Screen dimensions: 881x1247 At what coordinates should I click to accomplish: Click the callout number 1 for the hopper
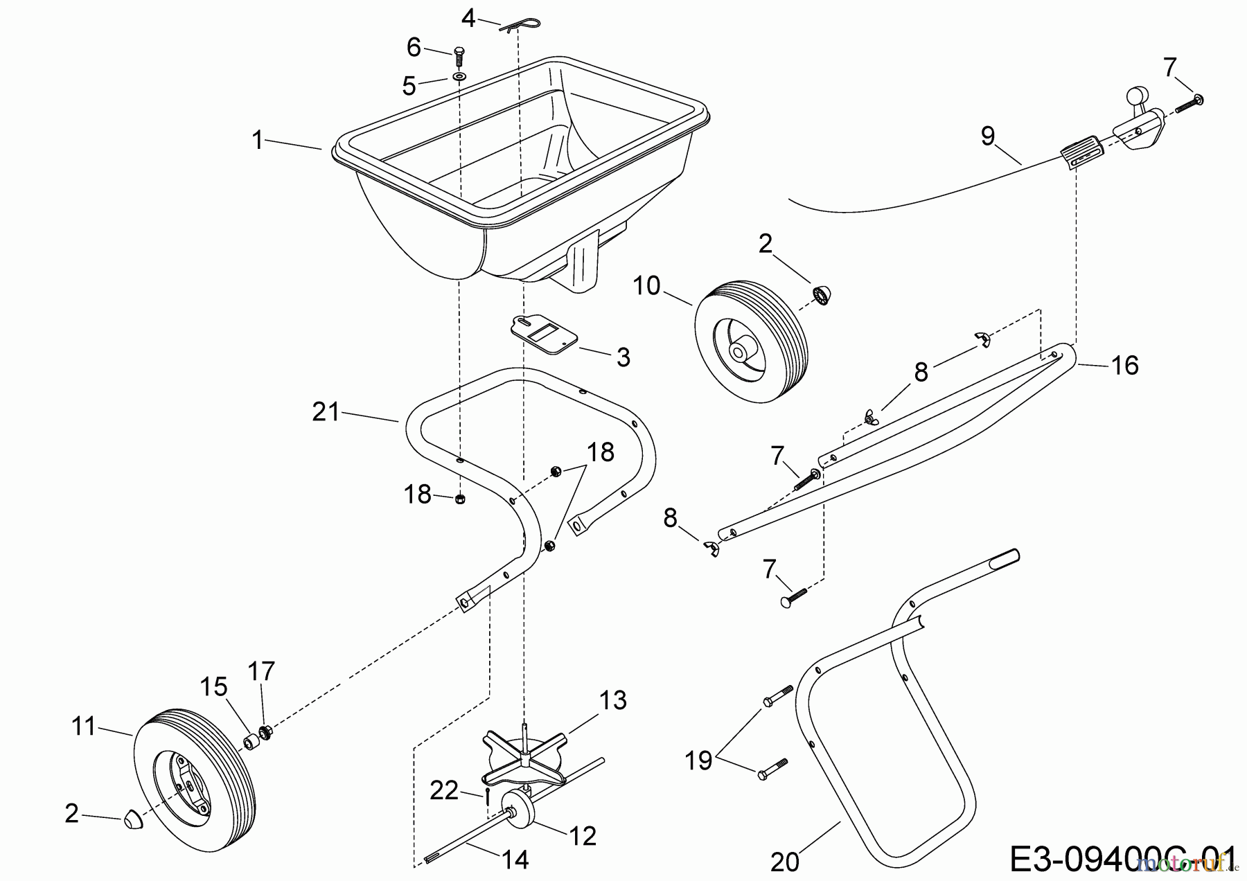click(257, 141)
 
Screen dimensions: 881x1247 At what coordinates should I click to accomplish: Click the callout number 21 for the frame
click(326, 412)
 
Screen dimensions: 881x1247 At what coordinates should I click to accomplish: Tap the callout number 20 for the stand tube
click(784, 862)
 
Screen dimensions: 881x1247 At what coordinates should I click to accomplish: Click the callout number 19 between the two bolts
click(698, 760)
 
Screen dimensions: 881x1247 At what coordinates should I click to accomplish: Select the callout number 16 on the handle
click(1124, 365)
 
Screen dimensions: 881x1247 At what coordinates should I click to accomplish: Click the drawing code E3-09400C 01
click(1122, 860)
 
